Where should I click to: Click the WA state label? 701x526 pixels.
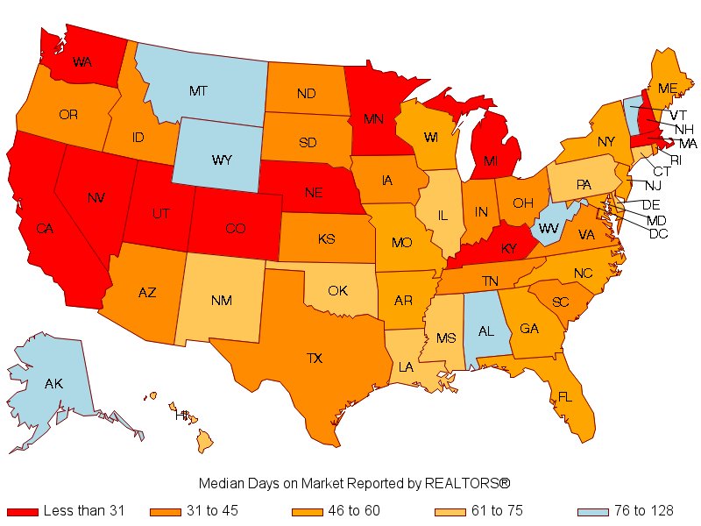click(x=82, y=62)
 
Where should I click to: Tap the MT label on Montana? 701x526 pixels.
click(x=199, y=90)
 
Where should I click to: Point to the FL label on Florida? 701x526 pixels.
click(x=565, y=397)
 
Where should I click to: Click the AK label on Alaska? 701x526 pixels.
click(x=54, y=384)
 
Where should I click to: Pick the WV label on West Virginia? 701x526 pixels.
click(x=549, y=228)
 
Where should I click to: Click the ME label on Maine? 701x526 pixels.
click(x=668, y=88)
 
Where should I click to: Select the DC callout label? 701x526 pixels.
click(x=657, y=233)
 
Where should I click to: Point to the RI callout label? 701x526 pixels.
click(x=676, y=159)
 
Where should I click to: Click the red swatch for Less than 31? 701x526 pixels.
click(x=22, y=511)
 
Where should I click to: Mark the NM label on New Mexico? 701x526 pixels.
click(x=222, y=301)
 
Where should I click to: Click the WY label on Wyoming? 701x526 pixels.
click(x=223, y=160)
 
